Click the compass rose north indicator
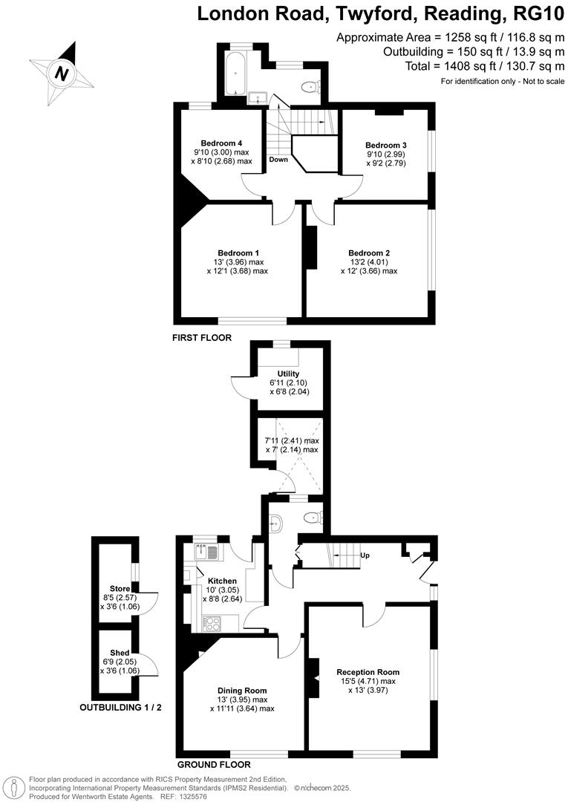[x=62, y=74]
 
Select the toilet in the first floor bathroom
[x=309, y=87]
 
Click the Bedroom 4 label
[x=221, y=143]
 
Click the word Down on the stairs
[x=278, y=160]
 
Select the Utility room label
[x=288, y=374]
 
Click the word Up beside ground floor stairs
[x=364, y=555]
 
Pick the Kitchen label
[x=222, y=581]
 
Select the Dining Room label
[x=241, y=689]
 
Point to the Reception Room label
[x=368, y=672]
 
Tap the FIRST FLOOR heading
[x=202, y=337]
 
